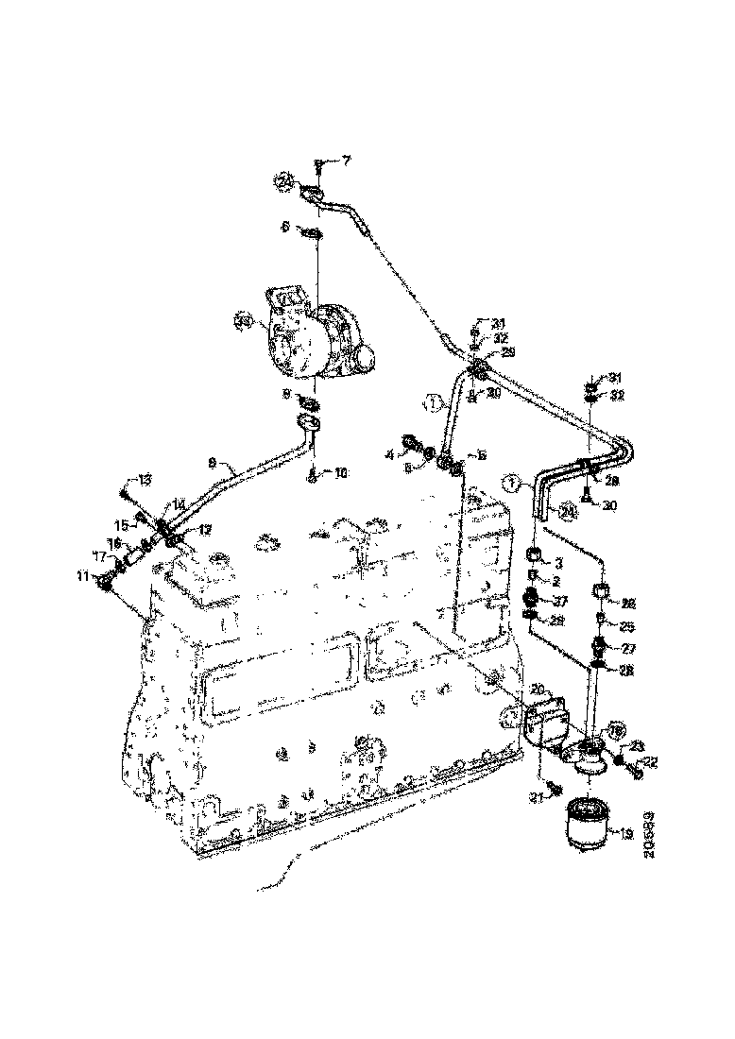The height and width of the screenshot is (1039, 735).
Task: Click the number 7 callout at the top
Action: (345, 162)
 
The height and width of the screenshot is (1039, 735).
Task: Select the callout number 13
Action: (144, 481)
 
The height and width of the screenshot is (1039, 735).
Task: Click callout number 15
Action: (121, 525)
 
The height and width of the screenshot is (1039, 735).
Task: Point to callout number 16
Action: (114, 544)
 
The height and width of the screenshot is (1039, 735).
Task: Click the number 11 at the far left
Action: (82, 576)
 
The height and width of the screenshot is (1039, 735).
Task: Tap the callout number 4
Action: (388, 456)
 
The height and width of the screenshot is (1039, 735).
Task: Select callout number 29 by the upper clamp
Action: (508, 352)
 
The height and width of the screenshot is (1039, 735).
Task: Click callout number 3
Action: (559, 563)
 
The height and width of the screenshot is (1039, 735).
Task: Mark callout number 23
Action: (637, 745)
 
